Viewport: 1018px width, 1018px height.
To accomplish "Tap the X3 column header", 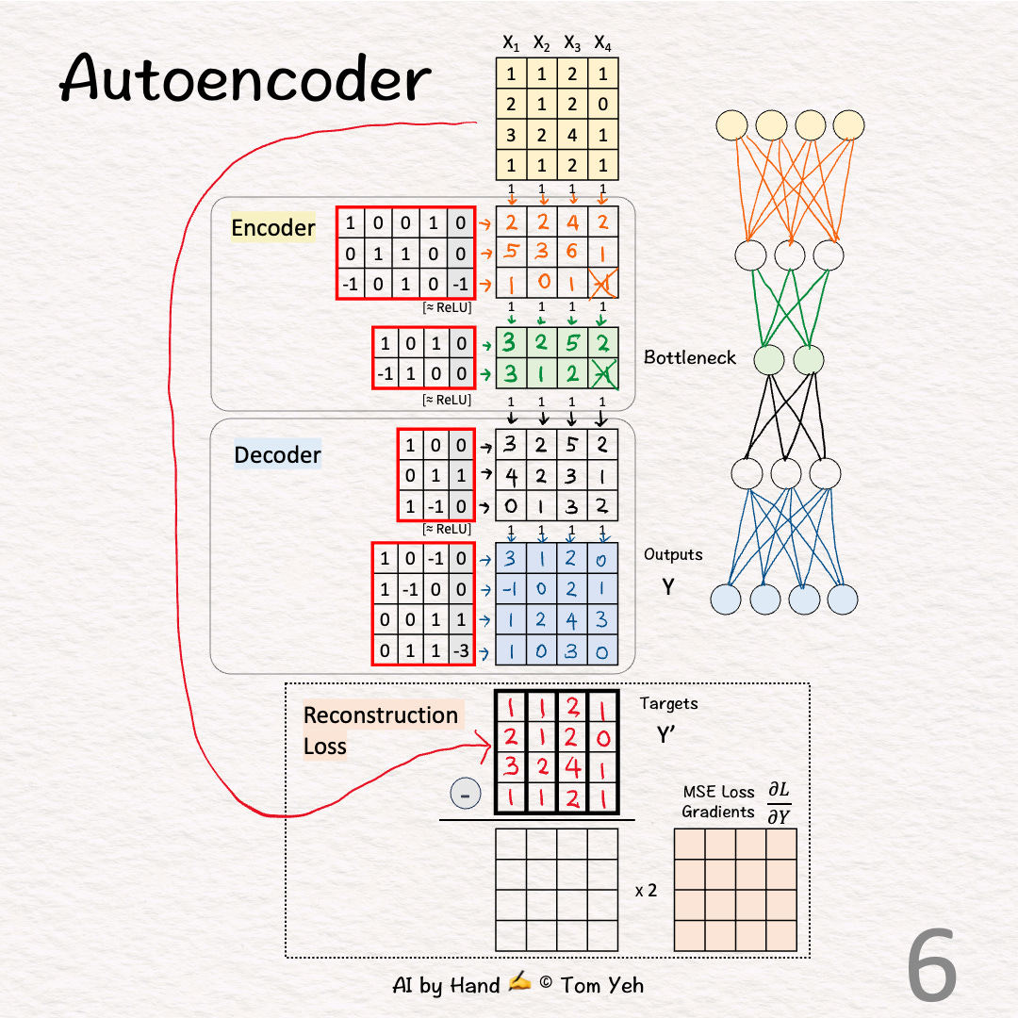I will click(572, 42).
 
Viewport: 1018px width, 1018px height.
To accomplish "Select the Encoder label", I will click(273, 228).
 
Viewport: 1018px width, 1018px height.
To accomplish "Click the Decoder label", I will click(277, 455).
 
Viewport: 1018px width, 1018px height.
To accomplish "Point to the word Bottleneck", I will click(690, 357).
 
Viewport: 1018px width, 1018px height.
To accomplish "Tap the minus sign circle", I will click(464, 795).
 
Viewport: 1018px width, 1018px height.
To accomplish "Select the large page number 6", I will click(932, 965).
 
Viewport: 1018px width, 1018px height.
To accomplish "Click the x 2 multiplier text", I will click(646, 890).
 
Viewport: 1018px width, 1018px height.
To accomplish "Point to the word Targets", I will click(668, 703).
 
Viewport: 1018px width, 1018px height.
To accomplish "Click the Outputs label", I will click(673, 554).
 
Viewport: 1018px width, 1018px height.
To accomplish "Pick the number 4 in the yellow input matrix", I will click(572, 135).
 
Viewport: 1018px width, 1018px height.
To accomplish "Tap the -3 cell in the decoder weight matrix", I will click(460, 650).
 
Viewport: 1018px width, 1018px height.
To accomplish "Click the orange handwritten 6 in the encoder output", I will click(572, 253).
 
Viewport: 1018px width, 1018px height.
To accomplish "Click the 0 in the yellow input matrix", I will click(603, 105).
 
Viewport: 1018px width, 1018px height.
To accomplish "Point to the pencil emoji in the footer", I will click(519, 984).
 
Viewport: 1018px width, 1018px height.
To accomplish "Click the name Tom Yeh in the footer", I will click(602, 985).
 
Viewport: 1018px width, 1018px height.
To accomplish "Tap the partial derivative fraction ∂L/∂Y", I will click(778, 802).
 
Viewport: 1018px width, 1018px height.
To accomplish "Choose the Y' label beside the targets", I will click(667, 735).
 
